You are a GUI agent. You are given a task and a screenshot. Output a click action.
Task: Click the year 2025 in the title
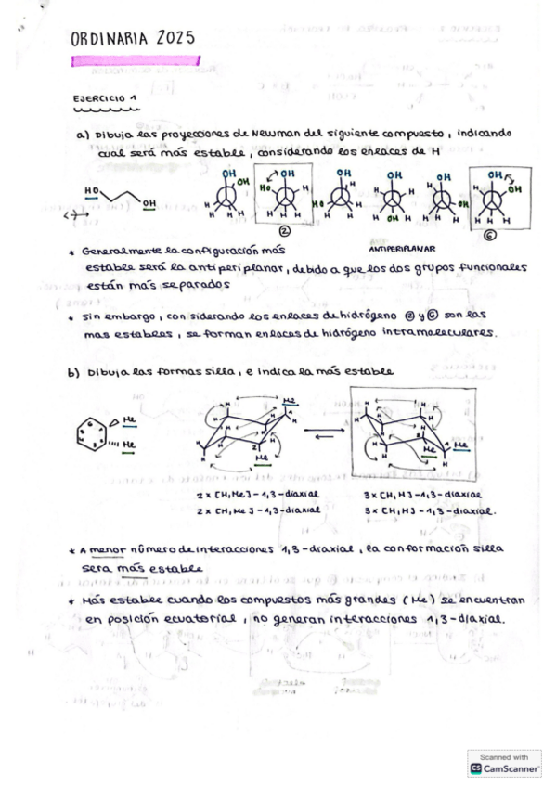[176, 38]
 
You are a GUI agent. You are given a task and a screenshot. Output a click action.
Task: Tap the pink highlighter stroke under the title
[136, 60]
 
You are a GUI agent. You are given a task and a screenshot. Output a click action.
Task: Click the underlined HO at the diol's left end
[92, 191]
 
